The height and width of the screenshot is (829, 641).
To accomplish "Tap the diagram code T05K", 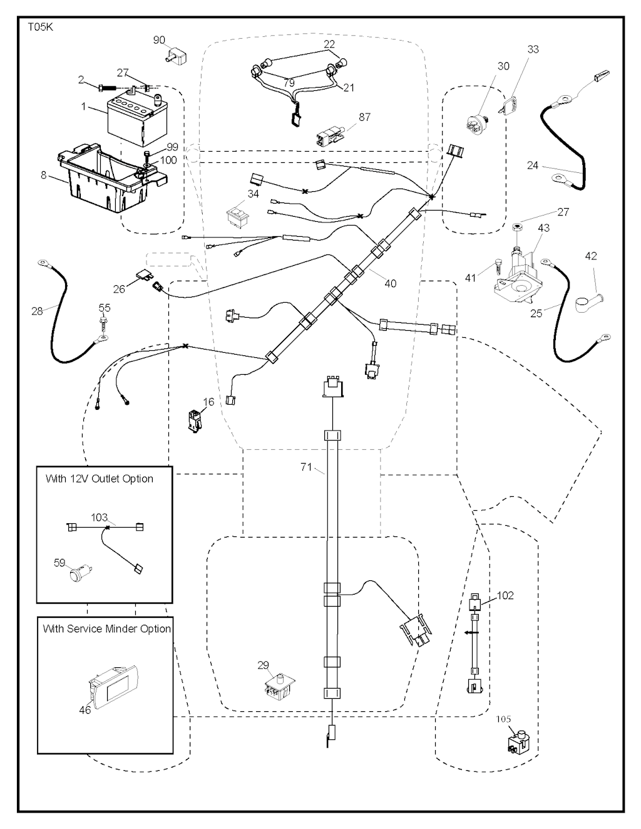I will click(x=39, y=28).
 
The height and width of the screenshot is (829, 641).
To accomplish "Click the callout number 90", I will click(x=160, y=40).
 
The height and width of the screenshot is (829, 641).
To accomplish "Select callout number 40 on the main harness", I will click(x=390, y=284).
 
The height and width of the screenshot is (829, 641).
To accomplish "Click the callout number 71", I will click(x=306, y=467).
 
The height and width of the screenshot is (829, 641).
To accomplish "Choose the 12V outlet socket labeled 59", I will click(x=78, y=573).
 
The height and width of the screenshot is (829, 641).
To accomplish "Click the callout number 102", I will click(x=505, y=595).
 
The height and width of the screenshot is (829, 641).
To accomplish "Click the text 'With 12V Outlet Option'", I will click(x=100, y=479).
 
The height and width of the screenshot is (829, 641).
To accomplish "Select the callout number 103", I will click(x=100, y=518).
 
